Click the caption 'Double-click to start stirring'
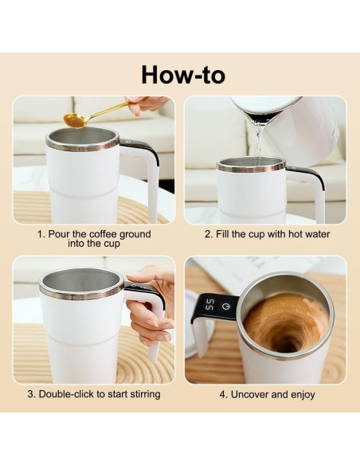pyautogui.click(x=94, y=393)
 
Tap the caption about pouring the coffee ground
pyautogui.click(x=94, y=238)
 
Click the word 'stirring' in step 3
pyautogui.click(x=141, y=393)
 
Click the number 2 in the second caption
pyautogui.click(x=208, y=234)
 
